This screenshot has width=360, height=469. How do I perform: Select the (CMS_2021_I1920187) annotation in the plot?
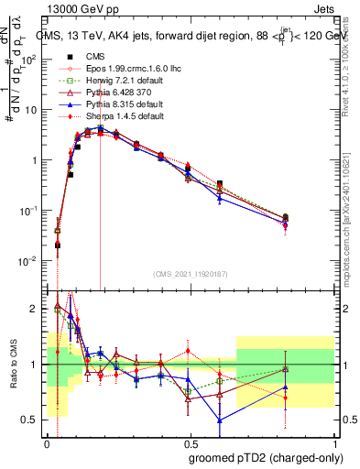(x=191, y=274)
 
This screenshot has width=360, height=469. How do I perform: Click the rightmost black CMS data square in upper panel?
(x=286, y=218)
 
